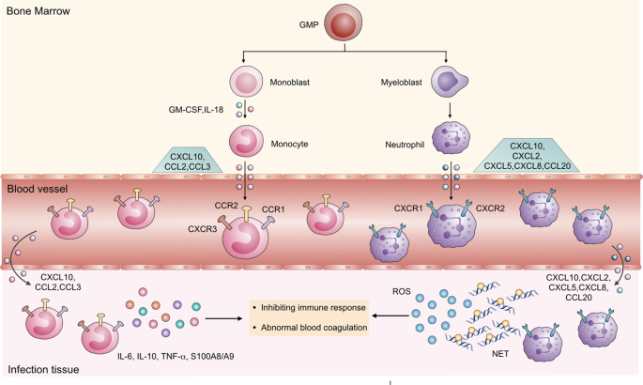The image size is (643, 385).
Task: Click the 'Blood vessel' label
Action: pos(37,188)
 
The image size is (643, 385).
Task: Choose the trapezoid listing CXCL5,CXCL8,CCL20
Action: pos(532,155)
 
